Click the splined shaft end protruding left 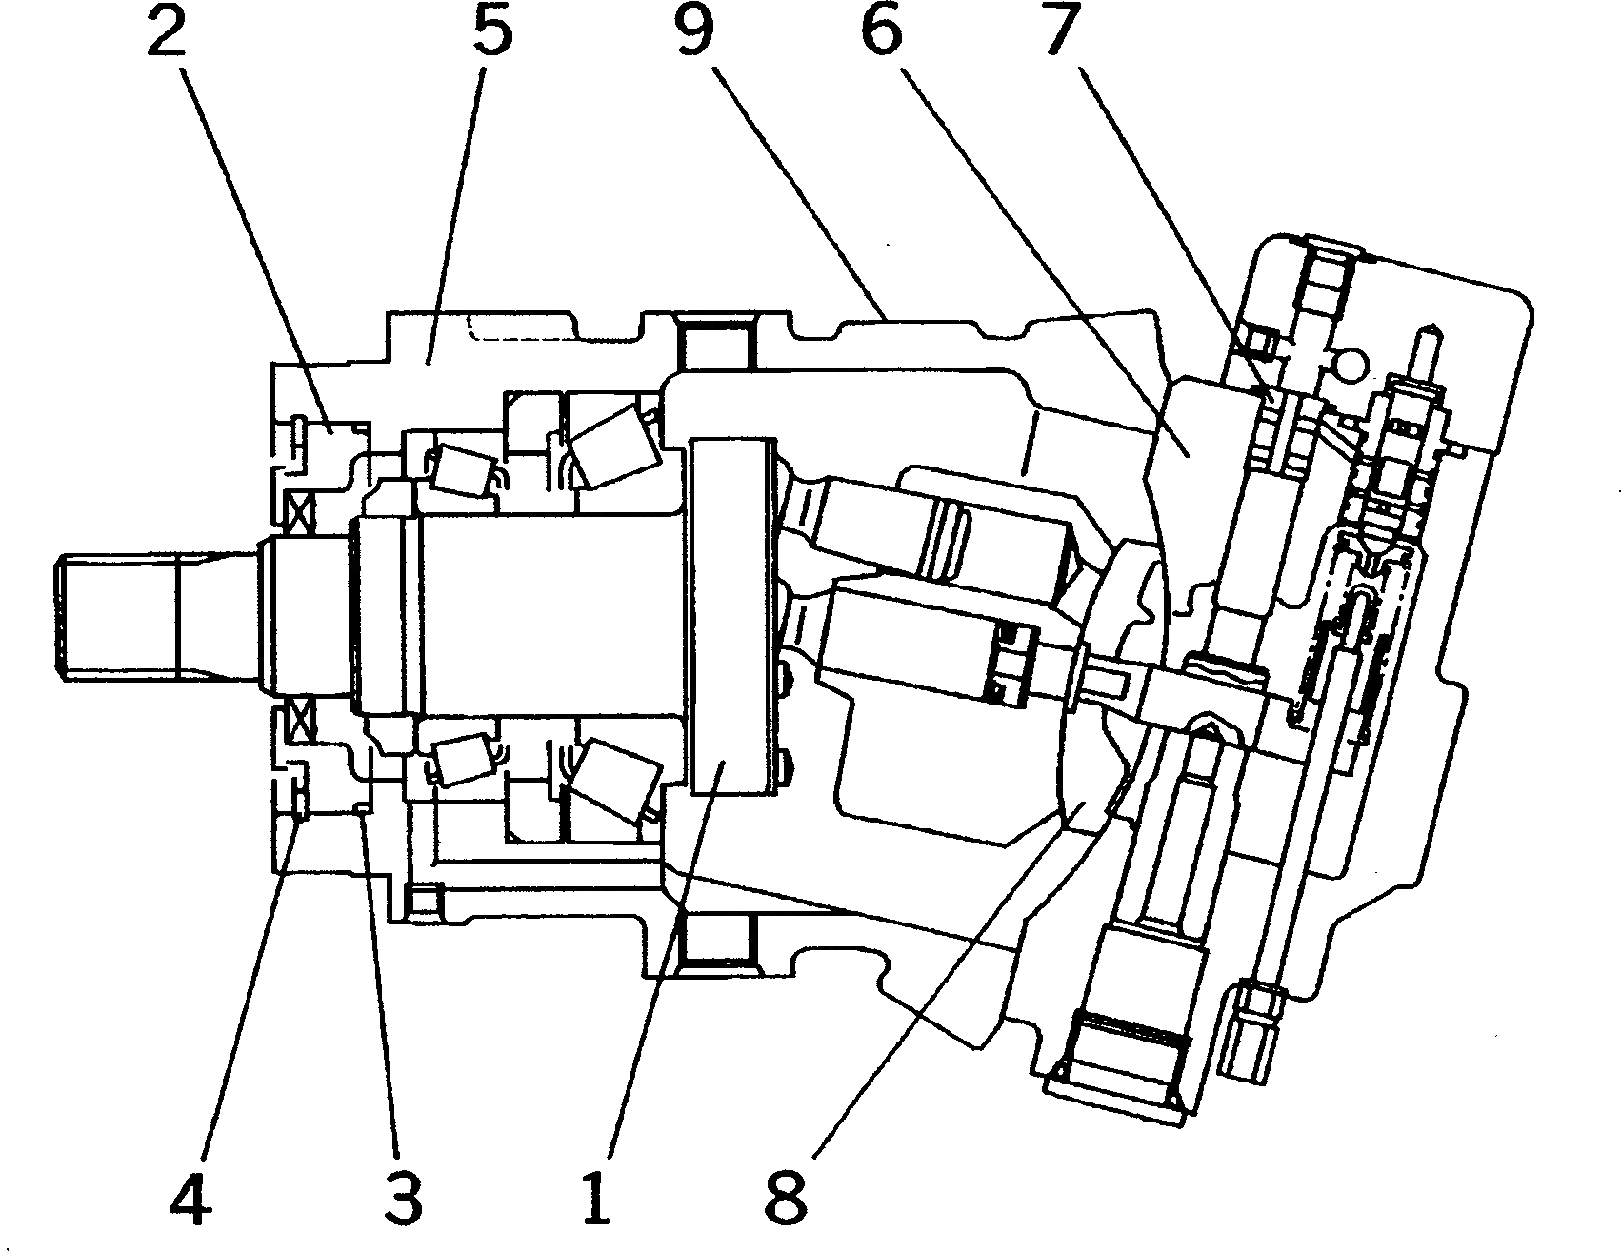point(114,617)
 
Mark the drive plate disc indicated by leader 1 point(731,616)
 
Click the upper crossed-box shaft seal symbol point(301,516)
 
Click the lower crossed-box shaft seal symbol point(301,718)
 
